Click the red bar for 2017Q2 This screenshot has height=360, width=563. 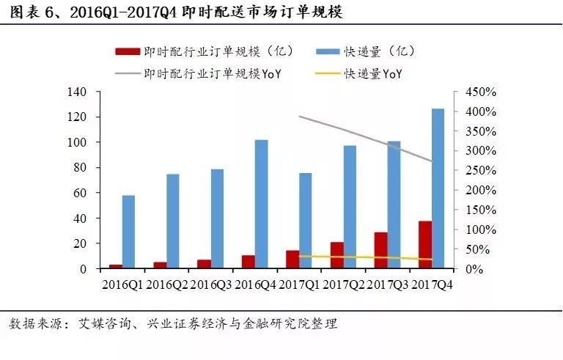click(x=336, y=255)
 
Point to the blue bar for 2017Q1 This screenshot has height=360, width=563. click(x=306, y=221)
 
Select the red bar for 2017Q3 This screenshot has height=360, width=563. click(x=380, y=251)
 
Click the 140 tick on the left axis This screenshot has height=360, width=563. click(x=77, y=92)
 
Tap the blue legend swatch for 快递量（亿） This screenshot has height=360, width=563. click(x=328, y=51)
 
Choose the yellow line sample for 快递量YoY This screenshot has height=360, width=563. click(x=328, y=73)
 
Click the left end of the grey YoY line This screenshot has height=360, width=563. click(x=299, y=116)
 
